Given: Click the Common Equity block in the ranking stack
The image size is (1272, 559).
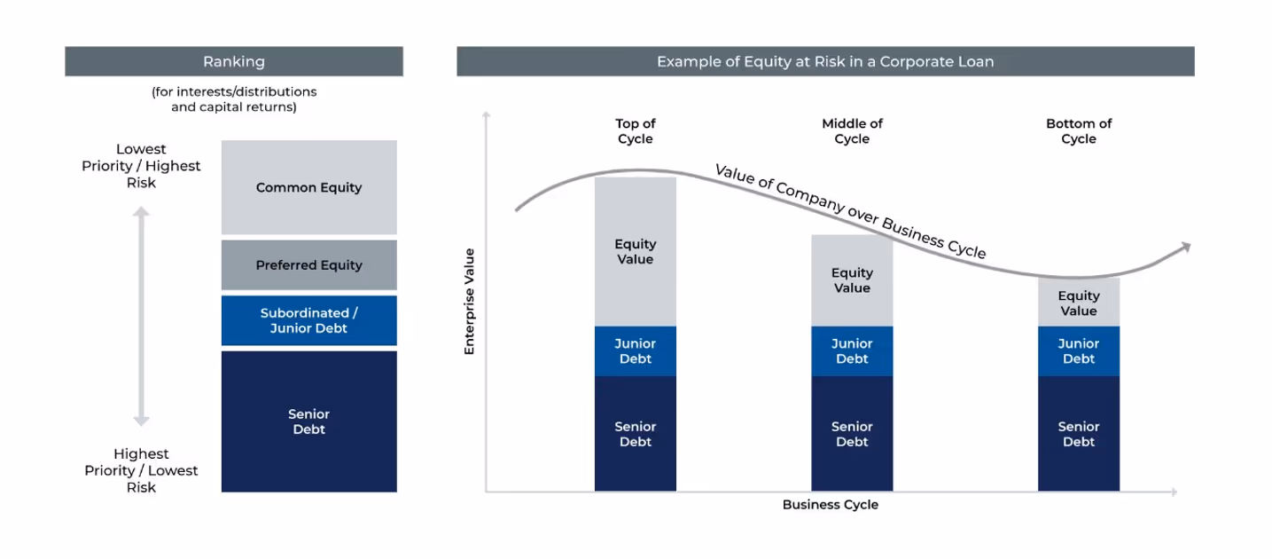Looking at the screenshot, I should click(308, 187).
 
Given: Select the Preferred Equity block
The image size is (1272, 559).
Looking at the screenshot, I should click(308, 264).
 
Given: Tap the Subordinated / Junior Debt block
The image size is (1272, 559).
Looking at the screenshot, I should click(308, 320).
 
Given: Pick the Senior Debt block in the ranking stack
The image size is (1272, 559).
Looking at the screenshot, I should click(308, 421).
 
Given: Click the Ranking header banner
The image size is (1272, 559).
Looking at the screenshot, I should click(234, 61).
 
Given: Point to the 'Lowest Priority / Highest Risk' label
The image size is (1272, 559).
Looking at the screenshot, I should click(141, 166).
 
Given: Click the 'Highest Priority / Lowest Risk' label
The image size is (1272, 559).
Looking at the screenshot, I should click(141, 470).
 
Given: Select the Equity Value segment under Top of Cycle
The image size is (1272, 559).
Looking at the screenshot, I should click(635, 252).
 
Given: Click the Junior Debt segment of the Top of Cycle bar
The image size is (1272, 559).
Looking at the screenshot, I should click(635, 351).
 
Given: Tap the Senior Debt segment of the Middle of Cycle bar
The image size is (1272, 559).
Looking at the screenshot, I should click(852, 434).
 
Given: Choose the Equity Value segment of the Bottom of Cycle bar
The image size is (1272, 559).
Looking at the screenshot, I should click(1079, 303).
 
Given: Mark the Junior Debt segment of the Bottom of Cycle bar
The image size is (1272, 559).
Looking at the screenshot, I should click(1079, 351).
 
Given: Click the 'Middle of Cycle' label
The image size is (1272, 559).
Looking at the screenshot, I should click(852, 131).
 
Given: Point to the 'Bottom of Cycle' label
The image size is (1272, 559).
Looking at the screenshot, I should click(1079, 131).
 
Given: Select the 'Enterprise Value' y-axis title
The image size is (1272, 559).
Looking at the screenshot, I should click(470, 302).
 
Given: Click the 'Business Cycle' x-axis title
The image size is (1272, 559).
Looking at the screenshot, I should click(830, 505).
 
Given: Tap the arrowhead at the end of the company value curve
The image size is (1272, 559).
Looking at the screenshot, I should click(1184, 248).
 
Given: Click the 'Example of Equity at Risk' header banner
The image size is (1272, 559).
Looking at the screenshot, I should click(825, 61).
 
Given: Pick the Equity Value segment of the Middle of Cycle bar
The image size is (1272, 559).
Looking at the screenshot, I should click(852, 280).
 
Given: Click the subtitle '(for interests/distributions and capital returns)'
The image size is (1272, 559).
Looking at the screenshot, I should click(234, 99).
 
